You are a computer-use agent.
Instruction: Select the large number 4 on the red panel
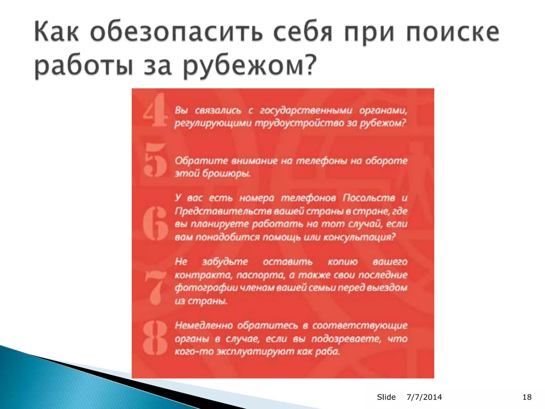click(155, 110)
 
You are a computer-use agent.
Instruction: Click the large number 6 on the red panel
click(155, 223)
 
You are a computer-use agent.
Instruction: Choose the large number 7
click(155, 288)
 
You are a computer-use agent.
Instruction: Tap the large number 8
click(155, 338)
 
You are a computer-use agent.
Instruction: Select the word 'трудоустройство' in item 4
click(299, 123)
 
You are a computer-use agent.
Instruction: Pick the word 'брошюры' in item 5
click(226, 174)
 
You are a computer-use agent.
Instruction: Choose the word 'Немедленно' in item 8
click(204, 325)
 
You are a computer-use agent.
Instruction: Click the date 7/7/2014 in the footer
click(424, 397)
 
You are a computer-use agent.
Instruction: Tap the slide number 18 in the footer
click(527, 397)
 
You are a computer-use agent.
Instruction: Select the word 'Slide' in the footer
click(386, 397)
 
